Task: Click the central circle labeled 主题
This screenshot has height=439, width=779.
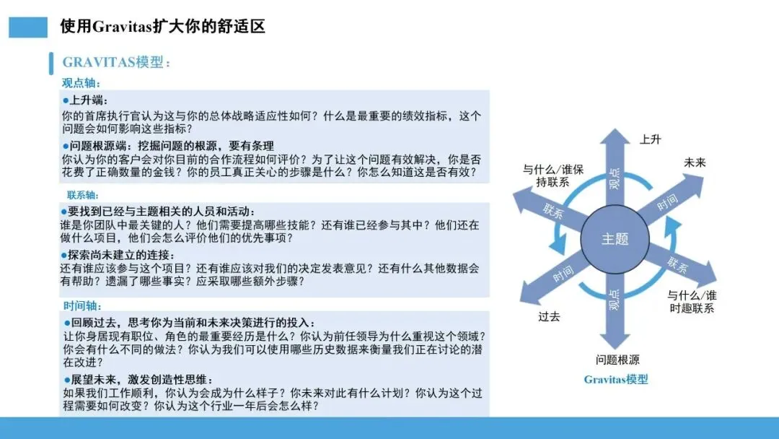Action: point(615,238)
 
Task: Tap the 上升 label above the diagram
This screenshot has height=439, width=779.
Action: point(650,139)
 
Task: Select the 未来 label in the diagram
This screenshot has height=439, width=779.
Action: point(695,163)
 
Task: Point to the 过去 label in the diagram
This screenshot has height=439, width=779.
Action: point(549,316)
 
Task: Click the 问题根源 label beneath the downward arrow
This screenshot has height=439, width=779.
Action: point(617,360)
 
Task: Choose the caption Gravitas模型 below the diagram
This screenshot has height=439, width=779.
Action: point(616,379)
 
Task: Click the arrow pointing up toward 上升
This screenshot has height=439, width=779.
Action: point(615,166)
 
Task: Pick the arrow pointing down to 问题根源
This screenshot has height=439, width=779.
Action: point(615,310)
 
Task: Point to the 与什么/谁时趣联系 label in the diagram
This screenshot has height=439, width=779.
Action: point(691,302)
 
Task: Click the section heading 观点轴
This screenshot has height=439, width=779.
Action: point(82,83)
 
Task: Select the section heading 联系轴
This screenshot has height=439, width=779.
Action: point(83,195)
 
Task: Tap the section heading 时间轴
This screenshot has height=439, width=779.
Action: point(82,305)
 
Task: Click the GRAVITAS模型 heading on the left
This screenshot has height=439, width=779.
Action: point(115,62)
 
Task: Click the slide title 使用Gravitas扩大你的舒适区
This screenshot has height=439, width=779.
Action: point(163,27)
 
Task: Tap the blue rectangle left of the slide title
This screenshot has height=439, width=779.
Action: point(29,27)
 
